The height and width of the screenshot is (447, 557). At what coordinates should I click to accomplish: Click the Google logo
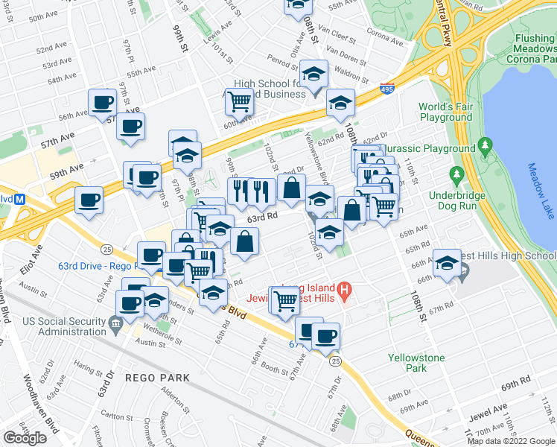point(25,438)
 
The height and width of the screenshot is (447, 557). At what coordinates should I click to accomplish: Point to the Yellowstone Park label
point(416,363)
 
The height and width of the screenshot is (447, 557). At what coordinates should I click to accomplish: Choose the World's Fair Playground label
point(445,112)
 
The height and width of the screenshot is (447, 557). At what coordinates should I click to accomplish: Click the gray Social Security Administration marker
point(115,323)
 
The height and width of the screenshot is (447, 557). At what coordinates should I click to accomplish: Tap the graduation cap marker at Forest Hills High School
point(447,264)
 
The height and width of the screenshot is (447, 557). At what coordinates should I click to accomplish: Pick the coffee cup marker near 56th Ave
point(102,102)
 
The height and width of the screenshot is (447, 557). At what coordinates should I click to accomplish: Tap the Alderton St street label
point(176,399)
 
